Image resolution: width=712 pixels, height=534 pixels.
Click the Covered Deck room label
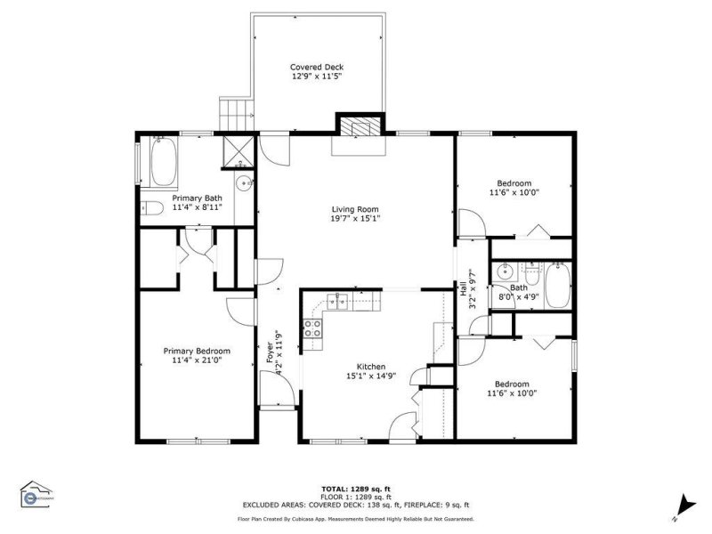317,68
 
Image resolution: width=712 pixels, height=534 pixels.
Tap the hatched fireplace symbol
360,126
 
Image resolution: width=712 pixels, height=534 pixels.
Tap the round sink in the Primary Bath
243,183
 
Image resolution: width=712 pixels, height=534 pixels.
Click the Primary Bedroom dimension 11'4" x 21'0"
196,361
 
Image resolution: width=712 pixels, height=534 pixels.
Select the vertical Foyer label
270,352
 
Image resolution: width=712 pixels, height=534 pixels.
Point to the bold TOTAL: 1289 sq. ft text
355,489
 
